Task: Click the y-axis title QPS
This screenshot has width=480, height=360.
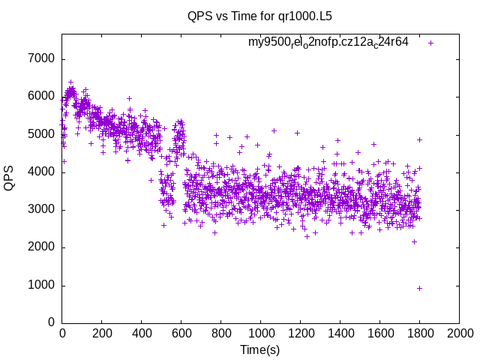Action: click(10, 177)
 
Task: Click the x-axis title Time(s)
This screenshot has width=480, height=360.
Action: click(259, 349)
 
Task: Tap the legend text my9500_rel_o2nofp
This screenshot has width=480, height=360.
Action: click(328, 43)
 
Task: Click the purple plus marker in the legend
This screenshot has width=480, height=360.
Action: click(430, 43)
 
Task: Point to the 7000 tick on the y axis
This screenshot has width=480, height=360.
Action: click(42, 59)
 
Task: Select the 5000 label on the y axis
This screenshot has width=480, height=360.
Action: click(42, 134)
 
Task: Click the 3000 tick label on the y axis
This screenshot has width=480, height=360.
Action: click(42, 210)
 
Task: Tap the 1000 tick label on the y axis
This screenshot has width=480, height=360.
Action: click(42, 285)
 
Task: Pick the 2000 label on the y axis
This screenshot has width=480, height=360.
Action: click(42, 247)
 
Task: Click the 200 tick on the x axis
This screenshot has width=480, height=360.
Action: click(102, 332)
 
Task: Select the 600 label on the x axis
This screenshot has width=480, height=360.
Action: click(181, 332)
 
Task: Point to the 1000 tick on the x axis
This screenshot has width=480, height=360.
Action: click(260, 332)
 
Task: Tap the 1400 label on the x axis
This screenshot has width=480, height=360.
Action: click(340, 332)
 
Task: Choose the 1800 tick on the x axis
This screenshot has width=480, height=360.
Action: click(419, 332)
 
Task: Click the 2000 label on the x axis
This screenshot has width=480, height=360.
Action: click(459, 332)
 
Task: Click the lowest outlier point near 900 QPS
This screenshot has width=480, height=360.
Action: click(419, 288)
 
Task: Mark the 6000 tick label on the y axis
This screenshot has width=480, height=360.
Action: click(42, 97)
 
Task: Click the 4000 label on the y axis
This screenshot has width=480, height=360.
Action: click(42, 172)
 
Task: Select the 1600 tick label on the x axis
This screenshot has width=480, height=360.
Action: click(379, 332)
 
